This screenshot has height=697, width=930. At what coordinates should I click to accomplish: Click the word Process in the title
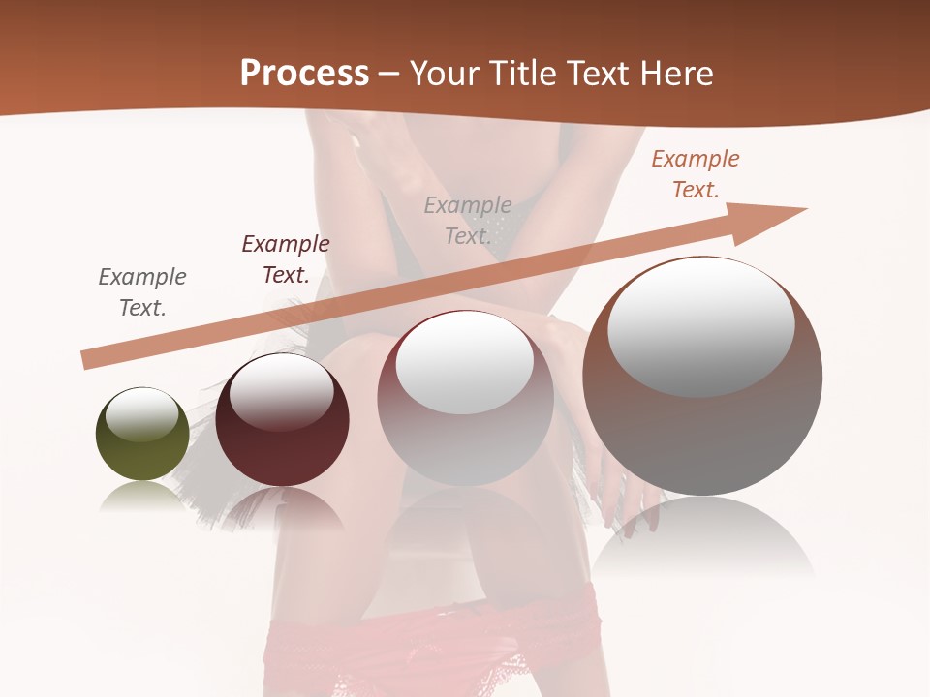pyautogui.click(x=304, y=74)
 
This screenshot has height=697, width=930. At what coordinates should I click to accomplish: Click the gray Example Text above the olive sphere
pyautogui.click(x=141, y=292)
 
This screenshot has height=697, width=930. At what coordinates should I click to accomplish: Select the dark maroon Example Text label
pyautogui.click(x=285, y=259)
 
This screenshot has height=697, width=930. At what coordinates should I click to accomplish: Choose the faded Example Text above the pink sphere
pyautogui.click(x=468, y=221)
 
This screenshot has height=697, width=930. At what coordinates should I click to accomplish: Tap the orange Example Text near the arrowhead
pyautogui.click(x=695, y=174)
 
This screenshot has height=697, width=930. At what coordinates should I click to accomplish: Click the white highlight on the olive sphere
pyautogui.click(x=142, y=414)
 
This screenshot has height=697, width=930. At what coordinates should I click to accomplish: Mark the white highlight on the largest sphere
pyautogui.click(x=701, y=327)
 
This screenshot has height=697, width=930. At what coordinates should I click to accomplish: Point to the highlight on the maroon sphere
pyautogui.click(x=281, y=392)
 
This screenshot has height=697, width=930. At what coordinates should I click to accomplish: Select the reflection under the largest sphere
pyautogui.click(x=702, y=537)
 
